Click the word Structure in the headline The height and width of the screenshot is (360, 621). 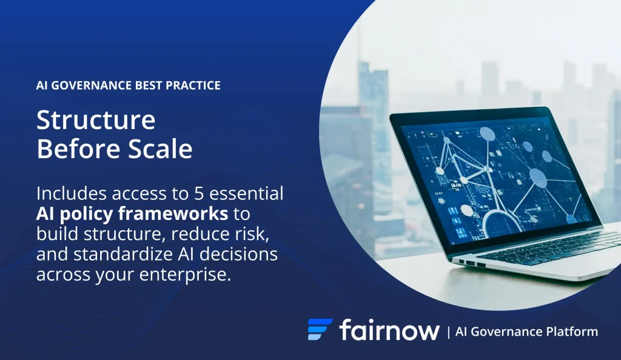point(96,120)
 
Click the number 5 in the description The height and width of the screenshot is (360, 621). point(198,194)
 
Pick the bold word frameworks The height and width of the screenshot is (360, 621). point(173,213)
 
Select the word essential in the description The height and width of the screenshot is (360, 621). point(246,193)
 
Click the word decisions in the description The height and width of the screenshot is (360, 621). point(238,253)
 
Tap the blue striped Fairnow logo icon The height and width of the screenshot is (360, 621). point(320,329)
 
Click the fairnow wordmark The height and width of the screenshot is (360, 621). point(389,330)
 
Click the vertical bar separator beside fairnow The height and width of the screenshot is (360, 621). point(448,332)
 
